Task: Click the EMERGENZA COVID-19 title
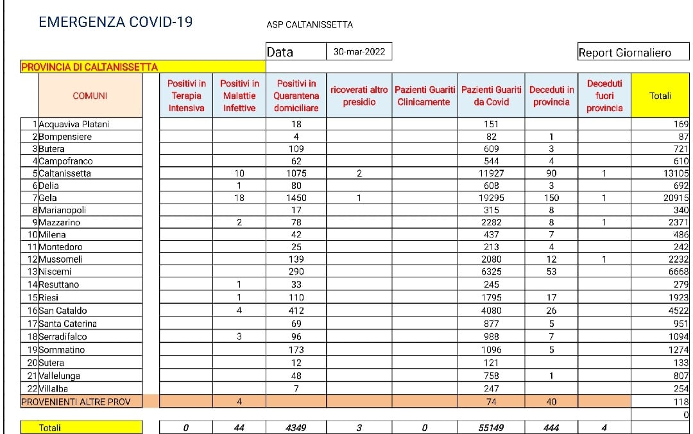116,22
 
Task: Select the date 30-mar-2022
359,52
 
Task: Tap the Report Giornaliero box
624,53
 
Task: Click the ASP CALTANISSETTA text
309,25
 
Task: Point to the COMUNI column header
90,96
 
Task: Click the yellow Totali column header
660,96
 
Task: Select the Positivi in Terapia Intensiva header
186,96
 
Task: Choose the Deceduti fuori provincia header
604,96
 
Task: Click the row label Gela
49,198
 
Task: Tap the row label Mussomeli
60,259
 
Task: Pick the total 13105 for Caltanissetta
675,173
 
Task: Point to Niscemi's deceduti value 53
551,272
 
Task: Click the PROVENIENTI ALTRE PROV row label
76,402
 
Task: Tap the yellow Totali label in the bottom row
50,427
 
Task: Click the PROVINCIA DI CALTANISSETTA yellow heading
90,67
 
